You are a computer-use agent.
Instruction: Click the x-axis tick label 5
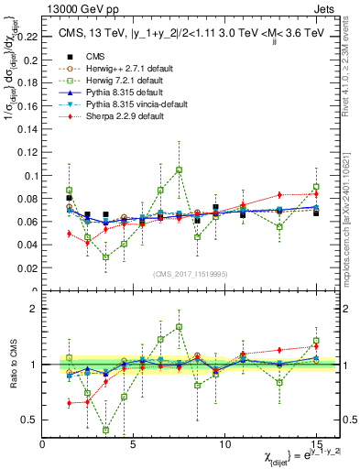point(134,442)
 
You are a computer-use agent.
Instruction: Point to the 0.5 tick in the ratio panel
point(31,420)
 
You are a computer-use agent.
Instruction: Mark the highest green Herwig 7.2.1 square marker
point(179,169)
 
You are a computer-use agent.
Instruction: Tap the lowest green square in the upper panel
point(105,257)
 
